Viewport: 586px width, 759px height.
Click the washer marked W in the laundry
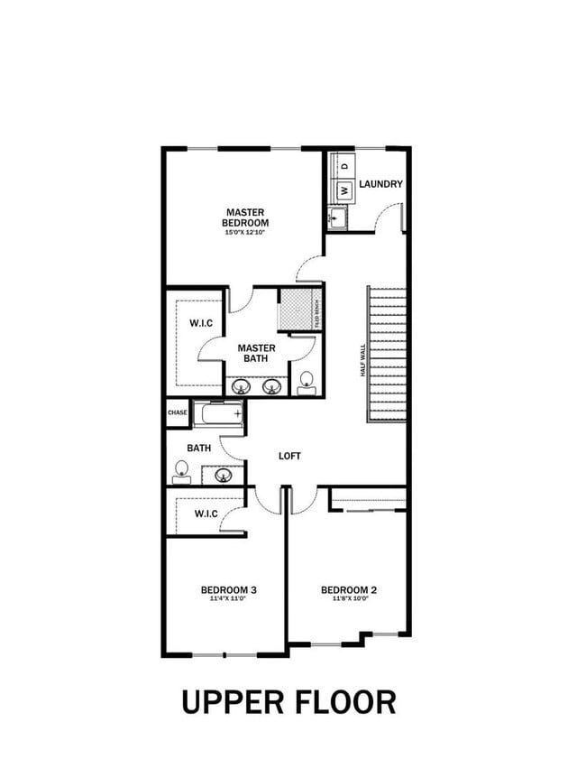point(343,190)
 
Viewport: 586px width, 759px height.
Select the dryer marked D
point(343,167)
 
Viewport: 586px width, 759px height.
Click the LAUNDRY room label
point(380,184)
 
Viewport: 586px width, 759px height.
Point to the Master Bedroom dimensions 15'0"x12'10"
point(246,233)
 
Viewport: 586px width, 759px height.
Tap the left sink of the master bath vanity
point(241,386)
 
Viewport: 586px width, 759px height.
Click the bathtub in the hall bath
point(219,414)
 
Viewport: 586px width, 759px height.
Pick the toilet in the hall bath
point(181,468)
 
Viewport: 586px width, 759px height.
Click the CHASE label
point(178,413)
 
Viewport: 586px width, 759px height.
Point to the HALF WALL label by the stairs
point(362,359)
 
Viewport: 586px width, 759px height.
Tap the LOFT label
point(289,456)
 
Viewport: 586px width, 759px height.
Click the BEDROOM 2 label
point(349,590)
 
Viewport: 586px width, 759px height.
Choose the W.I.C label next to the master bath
point(200,323)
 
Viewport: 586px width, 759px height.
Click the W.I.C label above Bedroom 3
point(206,514)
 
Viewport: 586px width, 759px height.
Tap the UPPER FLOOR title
point(288,701)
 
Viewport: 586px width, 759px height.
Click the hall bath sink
point(224,473)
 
